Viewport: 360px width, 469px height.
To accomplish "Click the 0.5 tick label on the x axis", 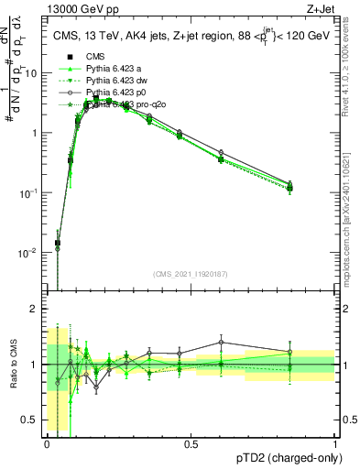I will pyautogui.click(x=191, y=444).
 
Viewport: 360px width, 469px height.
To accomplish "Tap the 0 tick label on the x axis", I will pyautogui.click(x=47, y=444).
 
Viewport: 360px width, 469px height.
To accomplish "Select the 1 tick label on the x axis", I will pyautogui.click(x=334, y=444).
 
